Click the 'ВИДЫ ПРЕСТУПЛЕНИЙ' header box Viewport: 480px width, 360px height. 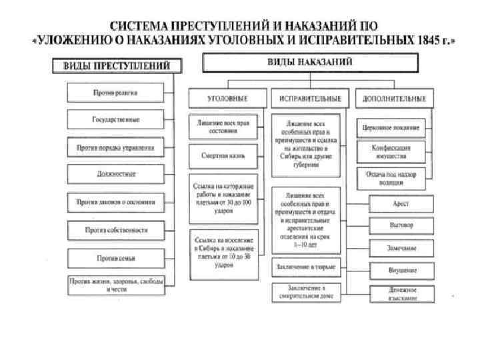click(x=116, y=66)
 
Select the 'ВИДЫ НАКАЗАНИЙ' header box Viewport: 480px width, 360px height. click(x=311, y=62)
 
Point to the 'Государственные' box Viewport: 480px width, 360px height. click(x=115, y=120)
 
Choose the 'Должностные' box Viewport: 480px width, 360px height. click(x=115, y=174)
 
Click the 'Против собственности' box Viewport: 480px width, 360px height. click(x=115, y=230)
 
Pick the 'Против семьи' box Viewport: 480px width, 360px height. click(x=115, y=257)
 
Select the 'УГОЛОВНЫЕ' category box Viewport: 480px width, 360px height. click(x=227, y=98)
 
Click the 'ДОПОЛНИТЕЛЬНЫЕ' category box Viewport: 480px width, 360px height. click(x=394, y=98)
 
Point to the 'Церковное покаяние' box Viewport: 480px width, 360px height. click(x=391, y=127)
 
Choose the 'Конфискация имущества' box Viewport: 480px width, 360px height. click(x=391, y=151)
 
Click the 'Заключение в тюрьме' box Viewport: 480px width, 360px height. click(x=304, y=267)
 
